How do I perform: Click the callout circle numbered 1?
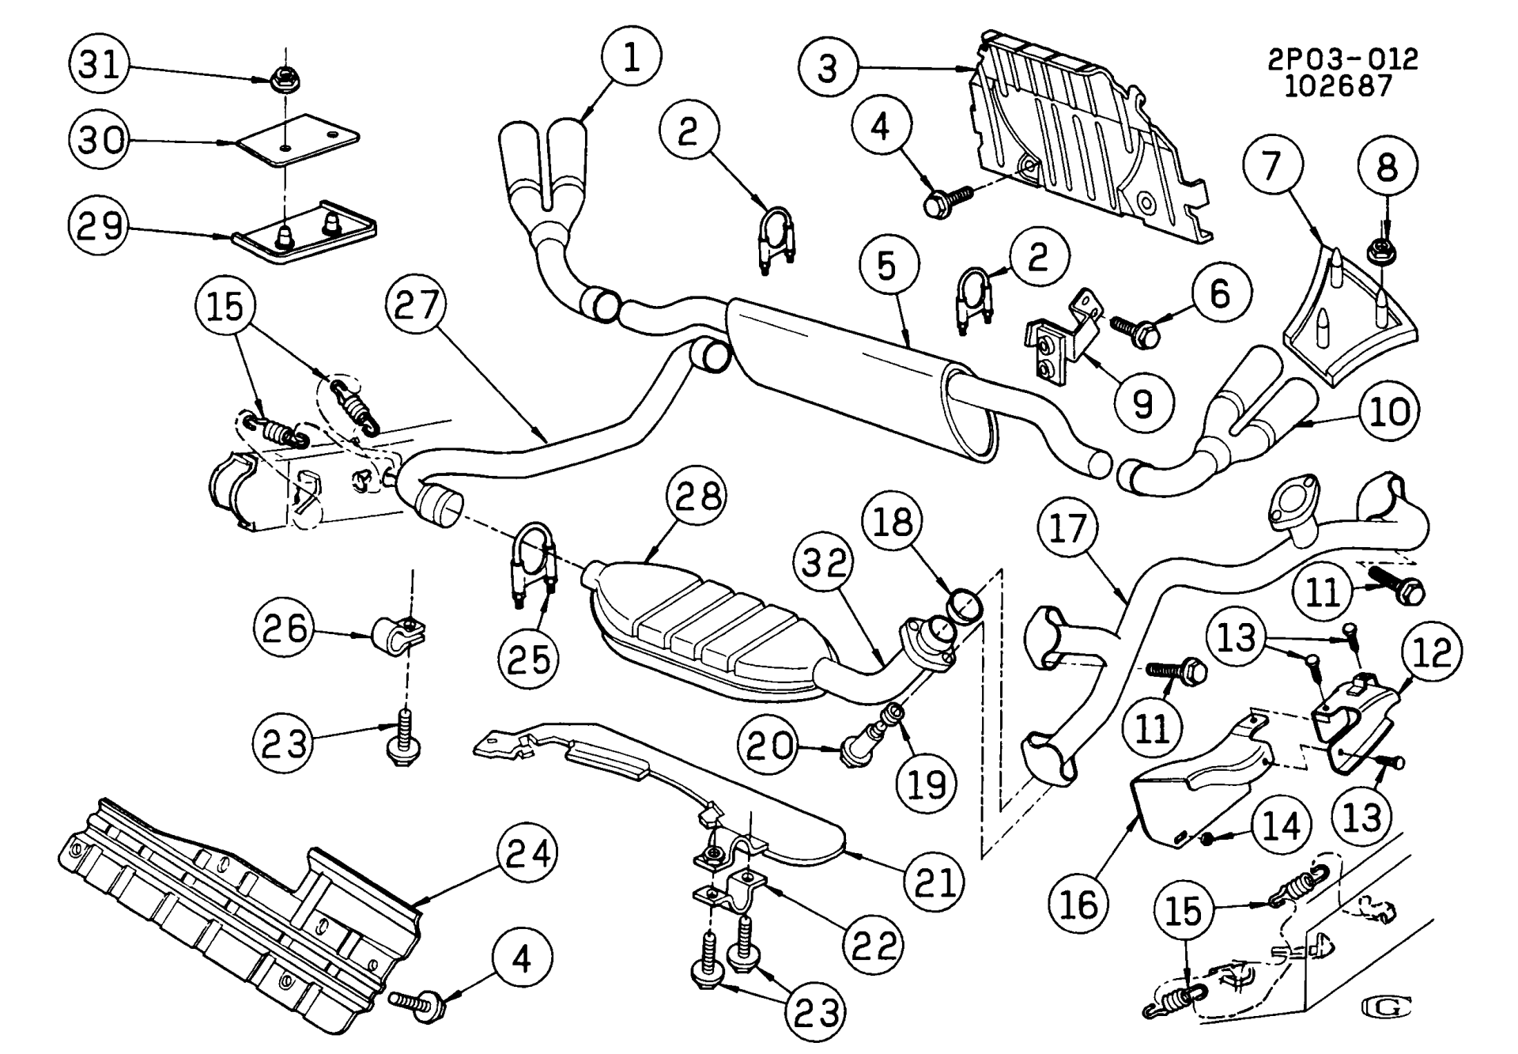click(x=631, y=58)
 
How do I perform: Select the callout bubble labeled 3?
click(x=827, y=68)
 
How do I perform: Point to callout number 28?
click(x=696, y=497)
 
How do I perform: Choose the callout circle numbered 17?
click(x=1068, y=528)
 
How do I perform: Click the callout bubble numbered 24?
click(x=527, y=855)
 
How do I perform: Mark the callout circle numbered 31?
click(x=100, y=64)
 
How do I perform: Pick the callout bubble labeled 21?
click(x=935, y=882)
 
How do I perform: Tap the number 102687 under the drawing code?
click(x=1338, y=85)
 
